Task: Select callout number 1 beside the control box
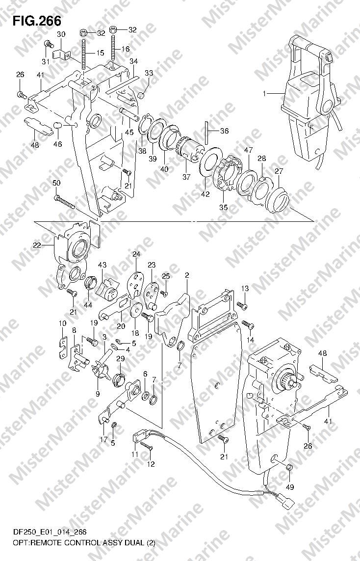tap(264, 94)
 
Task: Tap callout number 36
tap(224, 131)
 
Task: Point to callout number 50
tap(56, 183)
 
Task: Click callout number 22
tap(37, 245)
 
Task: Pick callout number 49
tap(289, 487)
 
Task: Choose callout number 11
tap(134, 454)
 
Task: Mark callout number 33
tap(149, 73)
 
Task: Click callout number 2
tap(187, 275)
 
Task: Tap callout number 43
tap(102, 265)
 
